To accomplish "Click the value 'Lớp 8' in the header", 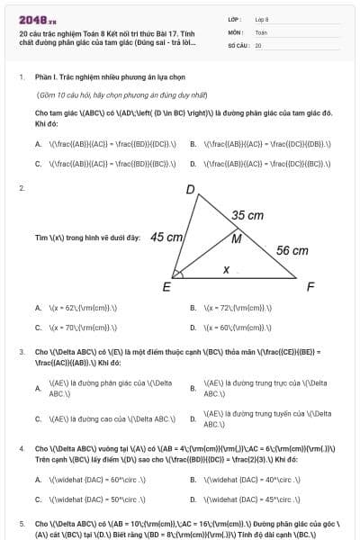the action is click(262, 19).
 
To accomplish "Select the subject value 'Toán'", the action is click(261, 31).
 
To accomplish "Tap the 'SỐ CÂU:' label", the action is click(238, 44).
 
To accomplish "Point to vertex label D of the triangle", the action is click(190, 190).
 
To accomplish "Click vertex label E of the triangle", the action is click(166, 287).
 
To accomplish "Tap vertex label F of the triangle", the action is click(310, 287).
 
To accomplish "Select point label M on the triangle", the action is click(236, 239).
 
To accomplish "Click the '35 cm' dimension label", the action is click(247, 216).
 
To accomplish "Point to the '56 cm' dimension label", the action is click(292, 251).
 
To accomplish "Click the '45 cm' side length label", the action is click(167, 238).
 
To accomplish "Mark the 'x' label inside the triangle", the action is click(226, 269).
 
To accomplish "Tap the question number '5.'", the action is click(22, 523).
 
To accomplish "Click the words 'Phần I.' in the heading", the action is click(46, 77).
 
